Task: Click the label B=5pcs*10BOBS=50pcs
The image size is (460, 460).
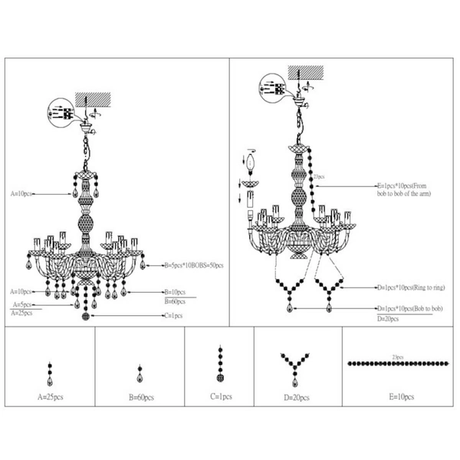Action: [193, 265]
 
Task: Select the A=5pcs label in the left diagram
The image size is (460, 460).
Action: [21, 304]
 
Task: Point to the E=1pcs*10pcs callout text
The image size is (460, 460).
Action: [413, 188]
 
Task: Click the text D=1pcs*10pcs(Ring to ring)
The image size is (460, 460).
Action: [411, 287]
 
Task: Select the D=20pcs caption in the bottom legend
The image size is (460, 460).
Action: [295, 397]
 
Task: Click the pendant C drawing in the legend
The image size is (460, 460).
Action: [219, 366]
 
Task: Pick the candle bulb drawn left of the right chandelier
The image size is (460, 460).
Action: [249, 166]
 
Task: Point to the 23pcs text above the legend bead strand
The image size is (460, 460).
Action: [397, 356]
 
